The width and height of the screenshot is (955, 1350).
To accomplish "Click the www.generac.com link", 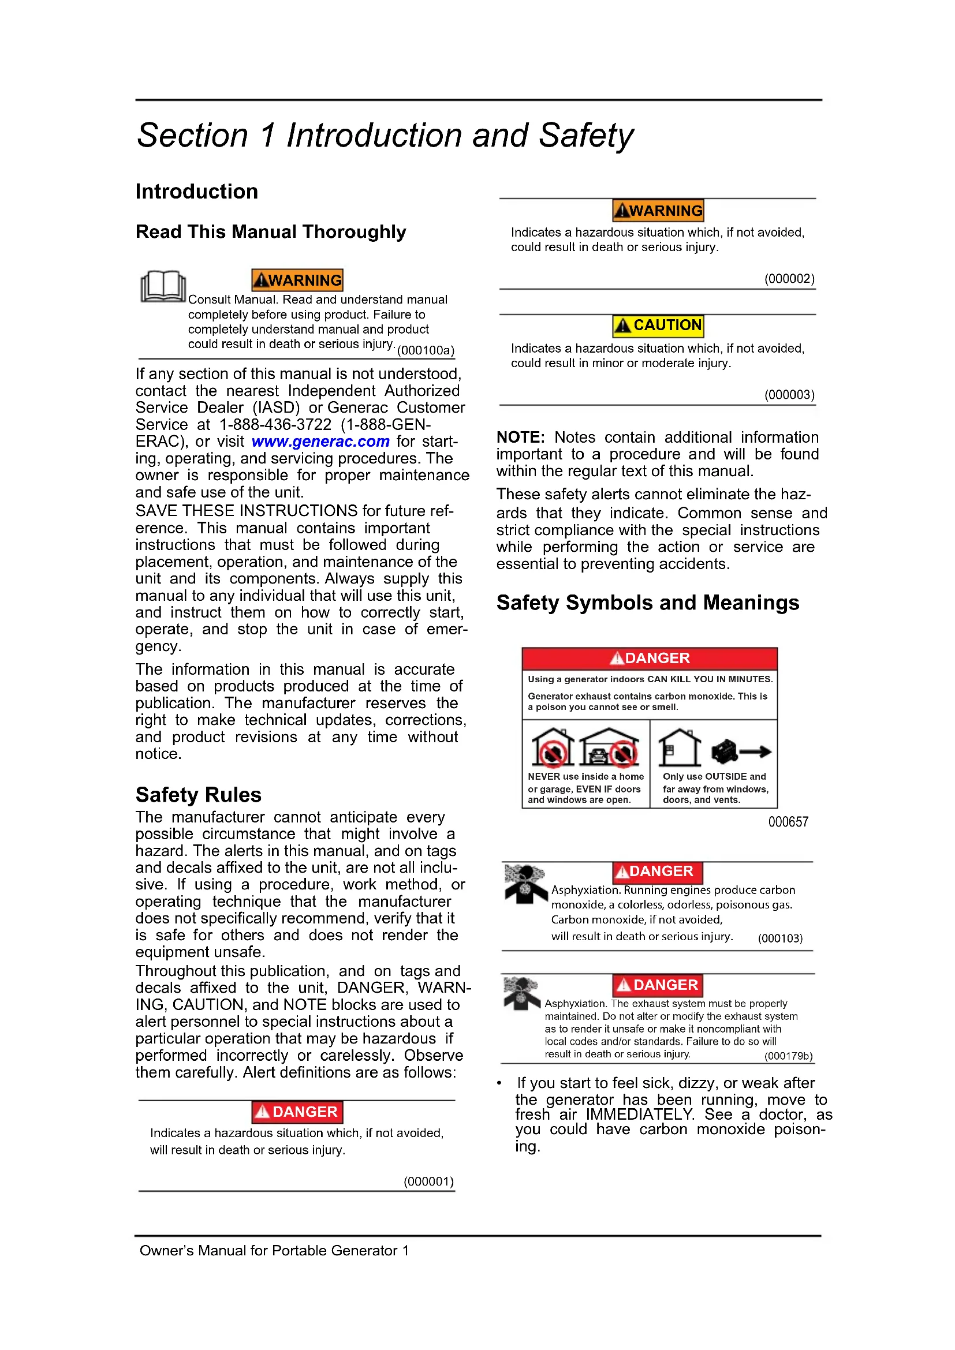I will click(320, 442).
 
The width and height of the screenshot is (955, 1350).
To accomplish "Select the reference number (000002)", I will click(789, 279).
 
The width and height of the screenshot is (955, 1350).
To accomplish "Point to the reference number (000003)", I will click(789, 395).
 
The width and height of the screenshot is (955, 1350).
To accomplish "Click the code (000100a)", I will click(426, 350).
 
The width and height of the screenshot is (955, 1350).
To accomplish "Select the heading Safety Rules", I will click(198, 795).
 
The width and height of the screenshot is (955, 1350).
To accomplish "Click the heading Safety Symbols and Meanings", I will click(647, 603).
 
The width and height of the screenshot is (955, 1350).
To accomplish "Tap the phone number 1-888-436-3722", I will click(275, 425).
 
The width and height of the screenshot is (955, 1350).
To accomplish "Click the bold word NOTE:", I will click(520, 437).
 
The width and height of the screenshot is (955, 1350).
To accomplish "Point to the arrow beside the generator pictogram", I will click(756, 751).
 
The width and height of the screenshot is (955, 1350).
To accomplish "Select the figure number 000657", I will click(788, 822).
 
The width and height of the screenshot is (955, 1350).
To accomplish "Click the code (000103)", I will click(779, 938).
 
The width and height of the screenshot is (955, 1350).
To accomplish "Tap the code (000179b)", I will click(788, 1056).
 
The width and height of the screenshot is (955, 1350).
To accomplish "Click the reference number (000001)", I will click(428, 1181).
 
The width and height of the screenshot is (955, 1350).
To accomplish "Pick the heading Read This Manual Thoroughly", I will click(270, 231).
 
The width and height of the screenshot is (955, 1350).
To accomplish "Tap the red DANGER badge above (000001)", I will click(297, 1112).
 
